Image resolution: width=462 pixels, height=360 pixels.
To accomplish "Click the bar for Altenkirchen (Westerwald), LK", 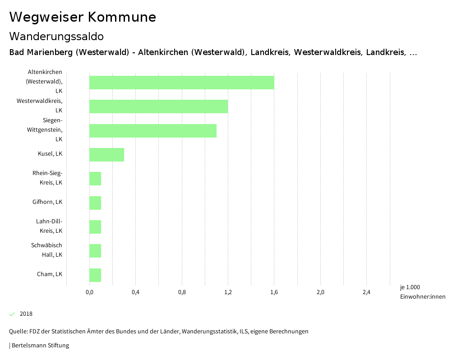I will tap(181, 83).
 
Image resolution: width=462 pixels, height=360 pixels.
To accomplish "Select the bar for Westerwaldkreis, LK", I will tap(158, 106).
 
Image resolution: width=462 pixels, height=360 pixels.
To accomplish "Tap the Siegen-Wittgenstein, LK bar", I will tap(152, 131).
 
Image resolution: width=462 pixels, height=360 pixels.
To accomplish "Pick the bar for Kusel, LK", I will tap(106, 155).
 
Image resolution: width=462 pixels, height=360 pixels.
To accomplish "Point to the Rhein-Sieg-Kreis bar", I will tap(95, 179).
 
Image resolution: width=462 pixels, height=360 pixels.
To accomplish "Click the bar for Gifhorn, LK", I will tap(95, 203).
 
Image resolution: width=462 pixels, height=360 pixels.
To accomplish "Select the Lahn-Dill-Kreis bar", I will tap(95, 227).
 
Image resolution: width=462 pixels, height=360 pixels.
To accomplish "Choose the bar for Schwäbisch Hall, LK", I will tap(95, 251).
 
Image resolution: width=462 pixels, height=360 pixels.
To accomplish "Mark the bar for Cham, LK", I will tap(95, 275).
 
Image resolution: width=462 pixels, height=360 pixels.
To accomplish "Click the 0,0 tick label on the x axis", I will tap(89, 292).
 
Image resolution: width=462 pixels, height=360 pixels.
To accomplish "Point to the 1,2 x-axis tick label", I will tap(228, 292).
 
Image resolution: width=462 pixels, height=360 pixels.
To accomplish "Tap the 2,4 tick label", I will tap(366, 292).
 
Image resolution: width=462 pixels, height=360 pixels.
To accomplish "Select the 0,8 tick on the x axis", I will tap(182, 292).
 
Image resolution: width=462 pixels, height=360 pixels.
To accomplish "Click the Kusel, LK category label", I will tap(50, 154).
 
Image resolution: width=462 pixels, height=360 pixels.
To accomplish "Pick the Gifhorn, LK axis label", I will tap(47, 202).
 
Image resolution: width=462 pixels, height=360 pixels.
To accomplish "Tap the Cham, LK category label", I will tap(49, 274).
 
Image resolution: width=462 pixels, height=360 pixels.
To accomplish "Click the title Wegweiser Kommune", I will tap(83, 17).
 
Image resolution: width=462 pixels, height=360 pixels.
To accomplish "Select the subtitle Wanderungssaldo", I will tap(56, 36).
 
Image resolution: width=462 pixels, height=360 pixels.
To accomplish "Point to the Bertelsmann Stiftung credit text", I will tap(40, 346).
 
